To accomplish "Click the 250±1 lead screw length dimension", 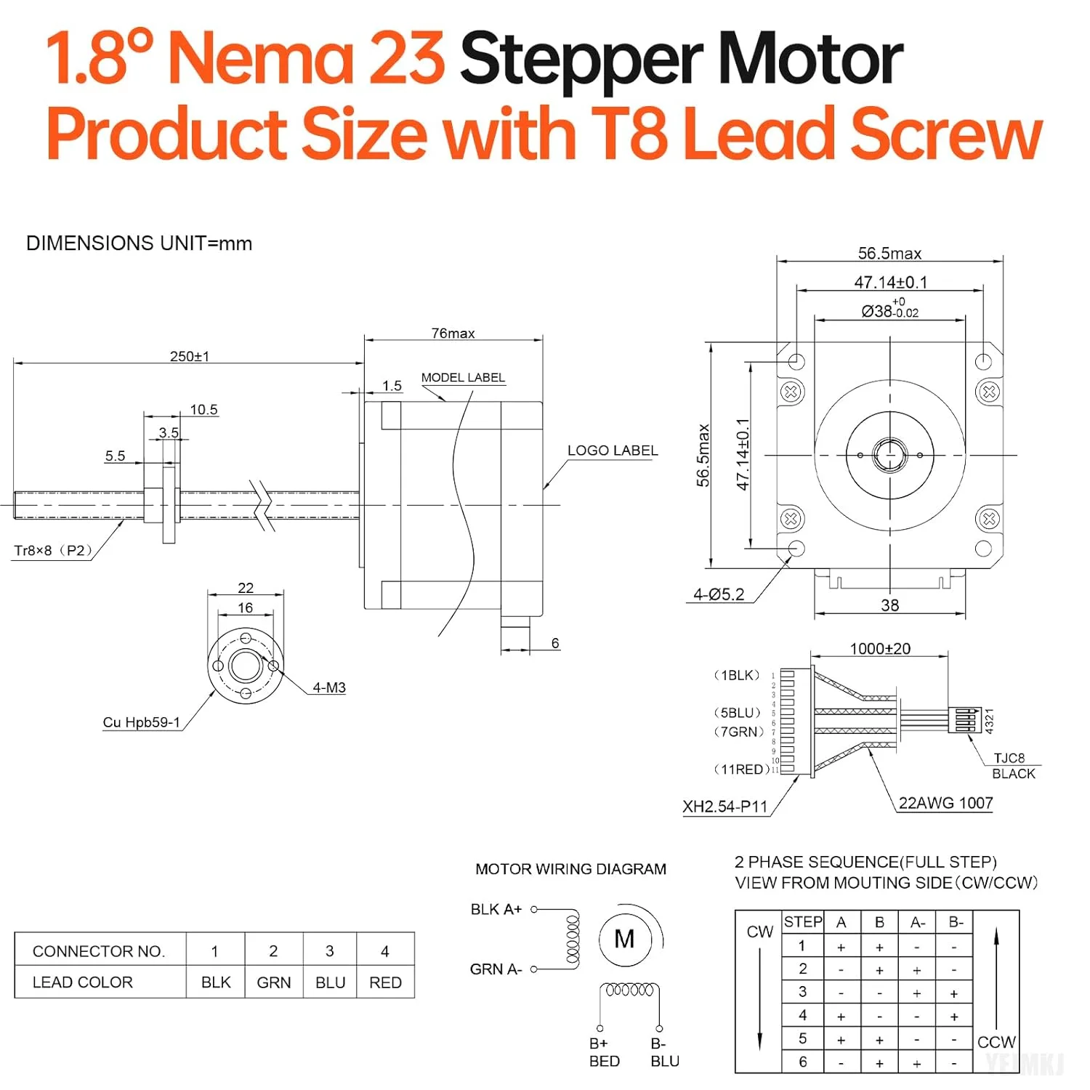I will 189,356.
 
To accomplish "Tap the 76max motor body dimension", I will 453,333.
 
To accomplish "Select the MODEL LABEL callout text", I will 463,377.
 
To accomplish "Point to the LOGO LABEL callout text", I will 612,451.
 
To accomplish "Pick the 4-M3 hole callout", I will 328,687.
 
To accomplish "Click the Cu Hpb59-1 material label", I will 141,722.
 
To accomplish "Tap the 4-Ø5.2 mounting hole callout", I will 718,594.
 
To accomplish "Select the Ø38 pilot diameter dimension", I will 889,310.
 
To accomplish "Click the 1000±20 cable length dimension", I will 879,648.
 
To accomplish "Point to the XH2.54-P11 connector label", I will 724,807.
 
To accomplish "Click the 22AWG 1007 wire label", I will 945,803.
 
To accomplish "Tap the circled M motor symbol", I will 624,939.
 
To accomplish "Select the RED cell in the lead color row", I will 385,982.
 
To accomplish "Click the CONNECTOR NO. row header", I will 99,951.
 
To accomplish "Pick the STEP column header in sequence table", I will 803,922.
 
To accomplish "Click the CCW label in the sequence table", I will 996,1042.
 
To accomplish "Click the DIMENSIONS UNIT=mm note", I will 139,243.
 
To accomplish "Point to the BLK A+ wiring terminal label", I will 496,909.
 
